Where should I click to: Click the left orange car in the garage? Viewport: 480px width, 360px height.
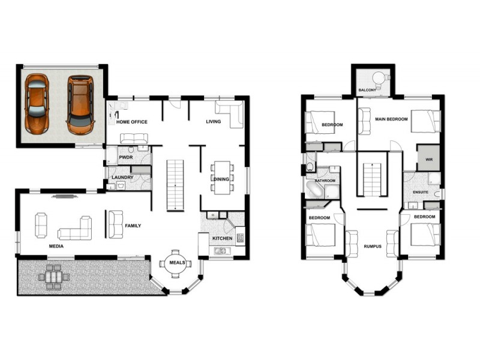pyautogui.click(x=37, y=103)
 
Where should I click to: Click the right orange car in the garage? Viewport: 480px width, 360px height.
pyautogui.click(x=80, y=104)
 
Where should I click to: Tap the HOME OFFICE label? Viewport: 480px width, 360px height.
pyautogui.click(x=131, y=122)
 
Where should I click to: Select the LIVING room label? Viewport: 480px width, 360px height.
pyautogui.click(x=213, y=122)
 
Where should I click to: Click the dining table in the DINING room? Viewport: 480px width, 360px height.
pyautogui.click(x=222, y=177)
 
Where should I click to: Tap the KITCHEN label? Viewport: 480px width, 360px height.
pyautogui.click(x=222, y=239)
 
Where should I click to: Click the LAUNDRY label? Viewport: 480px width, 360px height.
pyautogui.click(x=122, y=178)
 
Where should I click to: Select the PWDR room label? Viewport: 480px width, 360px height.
pyautogui.click(x=125, y=157)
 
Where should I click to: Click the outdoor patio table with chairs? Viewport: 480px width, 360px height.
pyautogui.click(x=54, y=277)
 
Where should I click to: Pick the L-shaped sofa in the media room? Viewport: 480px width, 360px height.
pyautogui.click(x=76, y=230)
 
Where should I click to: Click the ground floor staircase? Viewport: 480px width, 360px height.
pyautogui.click(x=175, y=184)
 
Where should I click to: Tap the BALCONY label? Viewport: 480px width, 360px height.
pyautogui.click(x=367, y=91)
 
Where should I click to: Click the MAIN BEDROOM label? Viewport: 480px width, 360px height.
pyautogui.click(x=391, y=119)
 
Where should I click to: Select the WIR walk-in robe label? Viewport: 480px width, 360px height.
pyautogui.click(x=428, y=160)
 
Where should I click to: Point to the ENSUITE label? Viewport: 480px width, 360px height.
pyautogui.click(x=421, y=192)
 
